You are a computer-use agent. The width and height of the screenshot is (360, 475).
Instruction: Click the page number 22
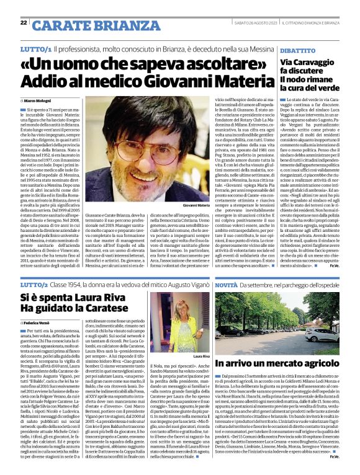coord(24,23)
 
